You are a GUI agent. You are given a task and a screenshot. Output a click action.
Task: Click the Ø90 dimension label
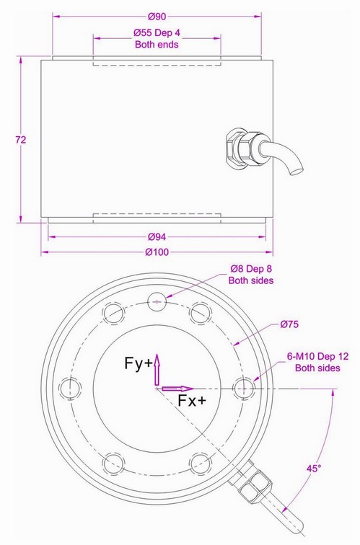coord(157,17)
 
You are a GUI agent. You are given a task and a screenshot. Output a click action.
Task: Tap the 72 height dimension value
coord(20,140)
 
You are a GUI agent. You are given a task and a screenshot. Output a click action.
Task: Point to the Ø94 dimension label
coord(157,236)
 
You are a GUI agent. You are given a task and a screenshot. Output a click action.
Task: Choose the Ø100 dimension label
coord(157,252)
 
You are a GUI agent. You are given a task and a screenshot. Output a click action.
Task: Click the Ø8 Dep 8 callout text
coord(251,274)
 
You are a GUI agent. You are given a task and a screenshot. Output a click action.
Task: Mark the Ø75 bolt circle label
coord(289,325)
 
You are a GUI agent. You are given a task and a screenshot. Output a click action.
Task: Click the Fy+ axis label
coord(137,364)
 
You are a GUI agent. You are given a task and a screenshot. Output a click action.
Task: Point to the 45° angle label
coord(313,469)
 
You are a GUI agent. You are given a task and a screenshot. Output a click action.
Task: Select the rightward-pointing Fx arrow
coord(177,389)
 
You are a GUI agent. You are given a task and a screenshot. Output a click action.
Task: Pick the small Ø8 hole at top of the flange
coord(157,301)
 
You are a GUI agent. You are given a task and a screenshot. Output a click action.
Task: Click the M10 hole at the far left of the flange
coord(69,387)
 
